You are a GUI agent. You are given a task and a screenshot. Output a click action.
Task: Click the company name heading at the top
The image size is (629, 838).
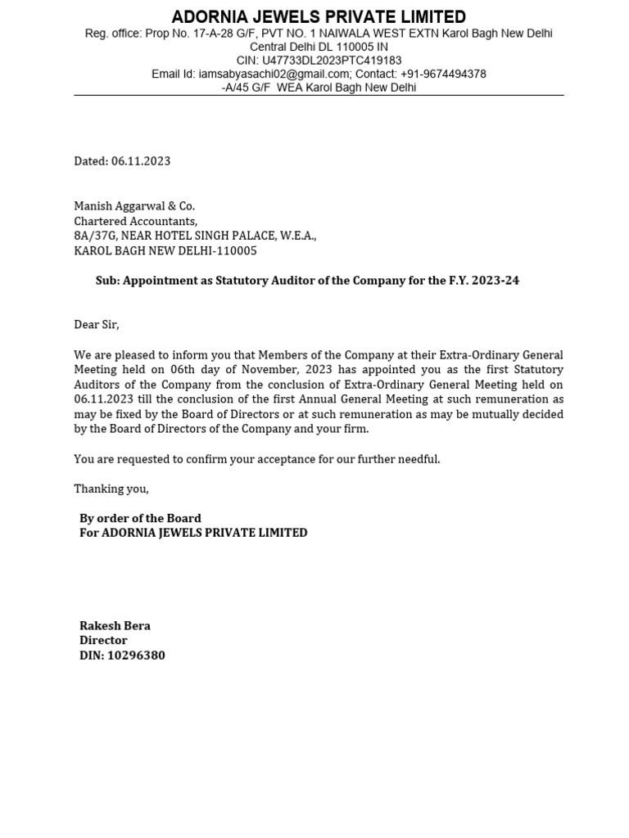[x=319, y=17]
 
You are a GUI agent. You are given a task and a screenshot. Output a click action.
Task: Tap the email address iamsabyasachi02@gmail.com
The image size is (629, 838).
[x=274, y=74]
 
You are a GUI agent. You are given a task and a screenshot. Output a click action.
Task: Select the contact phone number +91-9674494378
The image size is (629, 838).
[x=443, y=74]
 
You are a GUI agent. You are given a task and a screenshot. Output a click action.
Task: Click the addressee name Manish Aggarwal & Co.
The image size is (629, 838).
[x=134, y=206]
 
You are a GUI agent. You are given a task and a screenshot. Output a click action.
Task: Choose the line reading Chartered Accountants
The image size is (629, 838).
[x=135, y=221]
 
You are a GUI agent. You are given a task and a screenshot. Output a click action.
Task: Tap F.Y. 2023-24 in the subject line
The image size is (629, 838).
[x=483, y=281]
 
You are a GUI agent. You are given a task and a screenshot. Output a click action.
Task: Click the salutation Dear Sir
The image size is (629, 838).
[x=96, y=325]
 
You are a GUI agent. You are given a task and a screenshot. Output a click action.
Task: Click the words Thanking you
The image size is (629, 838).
[x=111, y=489]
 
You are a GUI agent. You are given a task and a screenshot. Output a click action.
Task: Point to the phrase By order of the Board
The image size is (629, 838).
[x=140, y=518]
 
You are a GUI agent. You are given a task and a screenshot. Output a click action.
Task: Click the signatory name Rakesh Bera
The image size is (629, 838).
[x=115, y=626]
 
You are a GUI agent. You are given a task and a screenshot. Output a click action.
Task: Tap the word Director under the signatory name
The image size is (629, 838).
[x=103, y=641]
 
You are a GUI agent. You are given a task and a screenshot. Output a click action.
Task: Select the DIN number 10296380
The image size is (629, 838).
[x=136, y=656]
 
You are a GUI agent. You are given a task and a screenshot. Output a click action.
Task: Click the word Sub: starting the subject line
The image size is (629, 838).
[x=107, y=281]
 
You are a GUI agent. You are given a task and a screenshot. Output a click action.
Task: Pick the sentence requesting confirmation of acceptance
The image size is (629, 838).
[x=256, y=459]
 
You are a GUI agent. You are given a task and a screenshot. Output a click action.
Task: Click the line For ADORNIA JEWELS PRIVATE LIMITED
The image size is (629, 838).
[x=193, y=533]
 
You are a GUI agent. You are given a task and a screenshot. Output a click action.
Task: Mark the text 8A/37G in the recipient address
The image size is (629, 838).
[x=95, y=236]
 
